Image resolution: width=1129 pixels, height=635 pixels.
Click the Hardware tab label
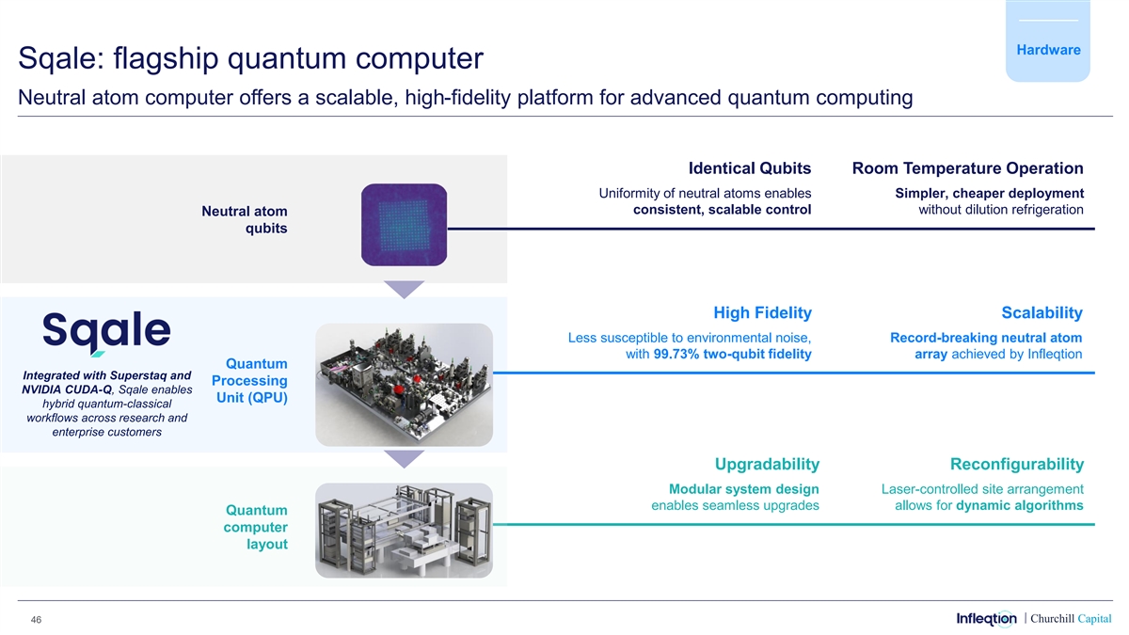pos(1047,50)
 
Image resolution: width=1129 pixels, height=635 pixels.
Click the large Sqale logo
pos(106,332)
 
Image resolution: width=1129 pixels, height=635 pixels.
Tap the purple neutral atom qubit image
pos(404,223)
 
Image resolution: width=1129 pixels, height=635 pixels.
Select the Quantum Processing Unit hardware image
pos(404,384)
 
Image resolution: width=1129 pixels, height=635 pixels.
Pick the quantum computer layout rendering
pos(404,532)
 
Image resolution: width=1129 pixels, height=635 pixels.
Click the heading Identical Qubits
pos(749,168)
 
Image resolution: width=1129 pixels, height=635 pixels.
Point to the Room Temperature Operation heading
pos(967,168)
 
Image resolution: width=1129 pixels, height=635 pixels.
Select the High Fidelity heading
pos(762,312)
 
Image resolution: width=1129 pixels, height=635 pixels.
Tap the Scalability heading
pos(1042,312)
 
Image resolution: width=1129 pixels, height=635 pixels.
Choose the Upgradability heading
pos(767,464)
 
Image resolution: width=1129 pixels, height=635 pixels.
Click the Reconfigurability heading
pos(1017,464)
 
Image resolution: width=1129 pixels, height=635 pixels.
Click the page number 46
pos(37,619)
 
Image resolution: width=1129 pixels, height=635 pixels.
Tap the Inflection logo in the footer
pos(986,618)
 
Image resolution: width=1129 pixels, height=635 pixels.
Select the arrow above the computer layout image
pos(404,458)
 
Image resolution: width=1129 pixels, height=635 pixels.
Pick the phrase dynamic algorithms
pos(1019,506)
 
